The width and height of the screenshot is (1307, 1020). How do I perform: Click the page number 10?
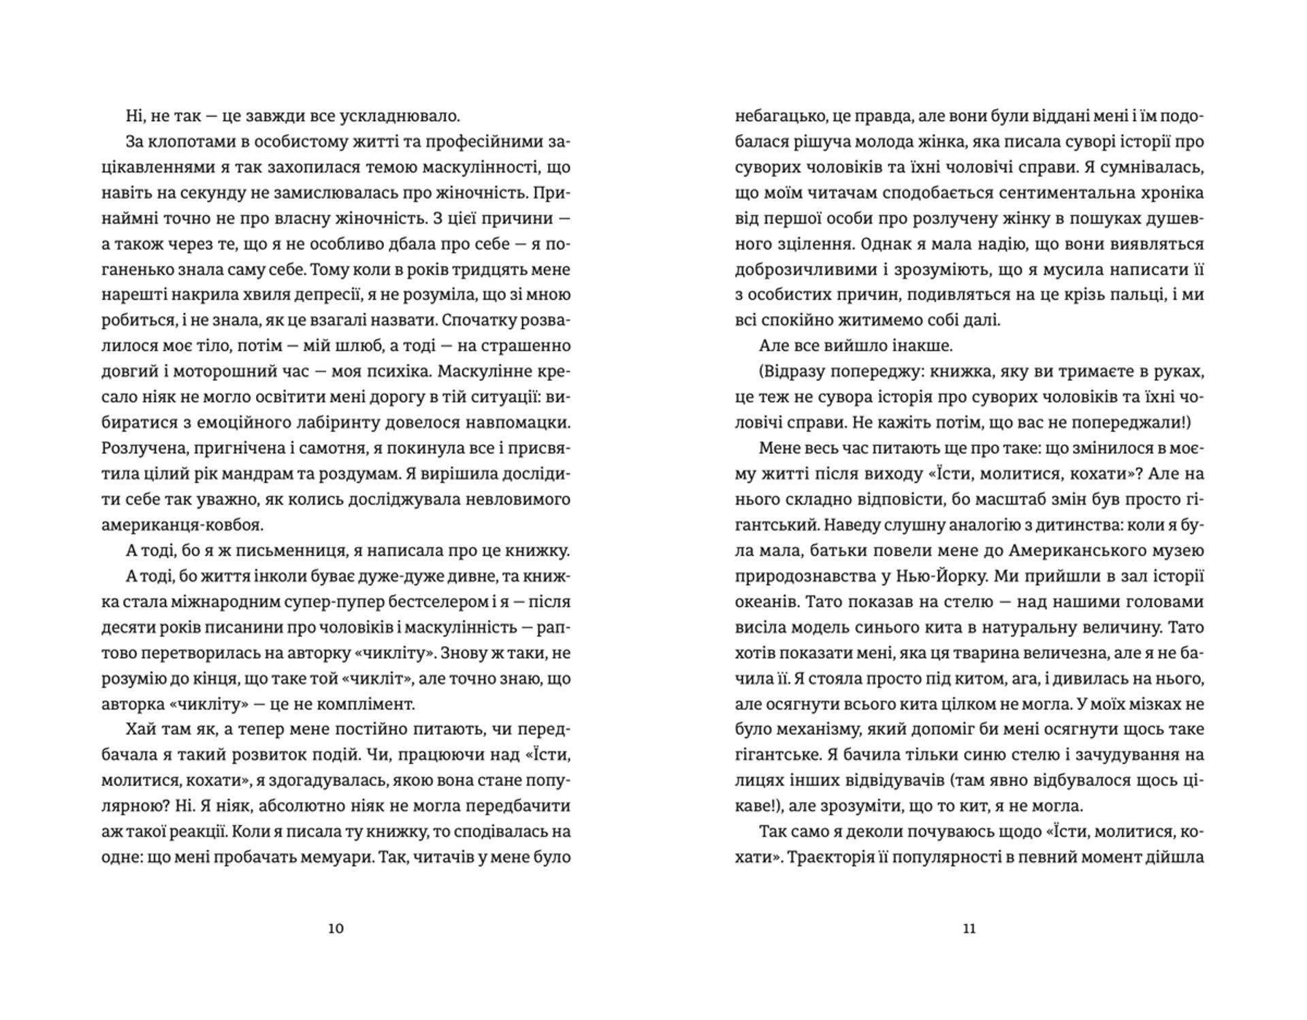point(336,929)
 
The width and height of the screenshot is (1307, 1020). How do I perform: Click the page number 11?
point(969,929)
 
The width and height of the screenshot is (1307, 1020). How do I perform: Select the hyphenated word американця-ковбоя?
point(182,525)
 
